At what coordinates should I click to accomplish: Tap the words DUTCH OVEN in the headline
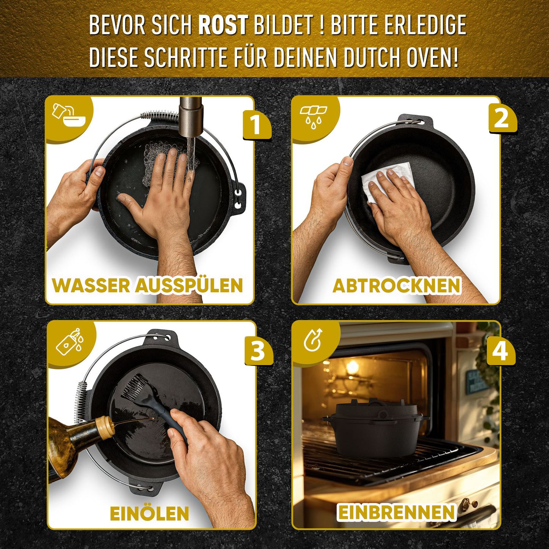tap(401, 57)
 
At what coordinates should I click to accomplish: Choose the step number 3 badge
tap(258, 350)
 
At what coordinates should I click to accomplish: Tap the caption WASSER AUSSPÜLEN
tap(147, 285)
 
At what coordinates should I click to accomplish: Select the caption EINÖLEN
tap(149, 513)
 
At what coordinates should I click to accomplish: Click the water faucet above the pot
tap(191, 117)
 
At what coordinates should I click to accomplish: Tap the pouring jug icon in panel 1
tap(68, 117)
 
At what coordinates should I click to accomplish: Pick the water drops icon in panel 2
tap(313, 115)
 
